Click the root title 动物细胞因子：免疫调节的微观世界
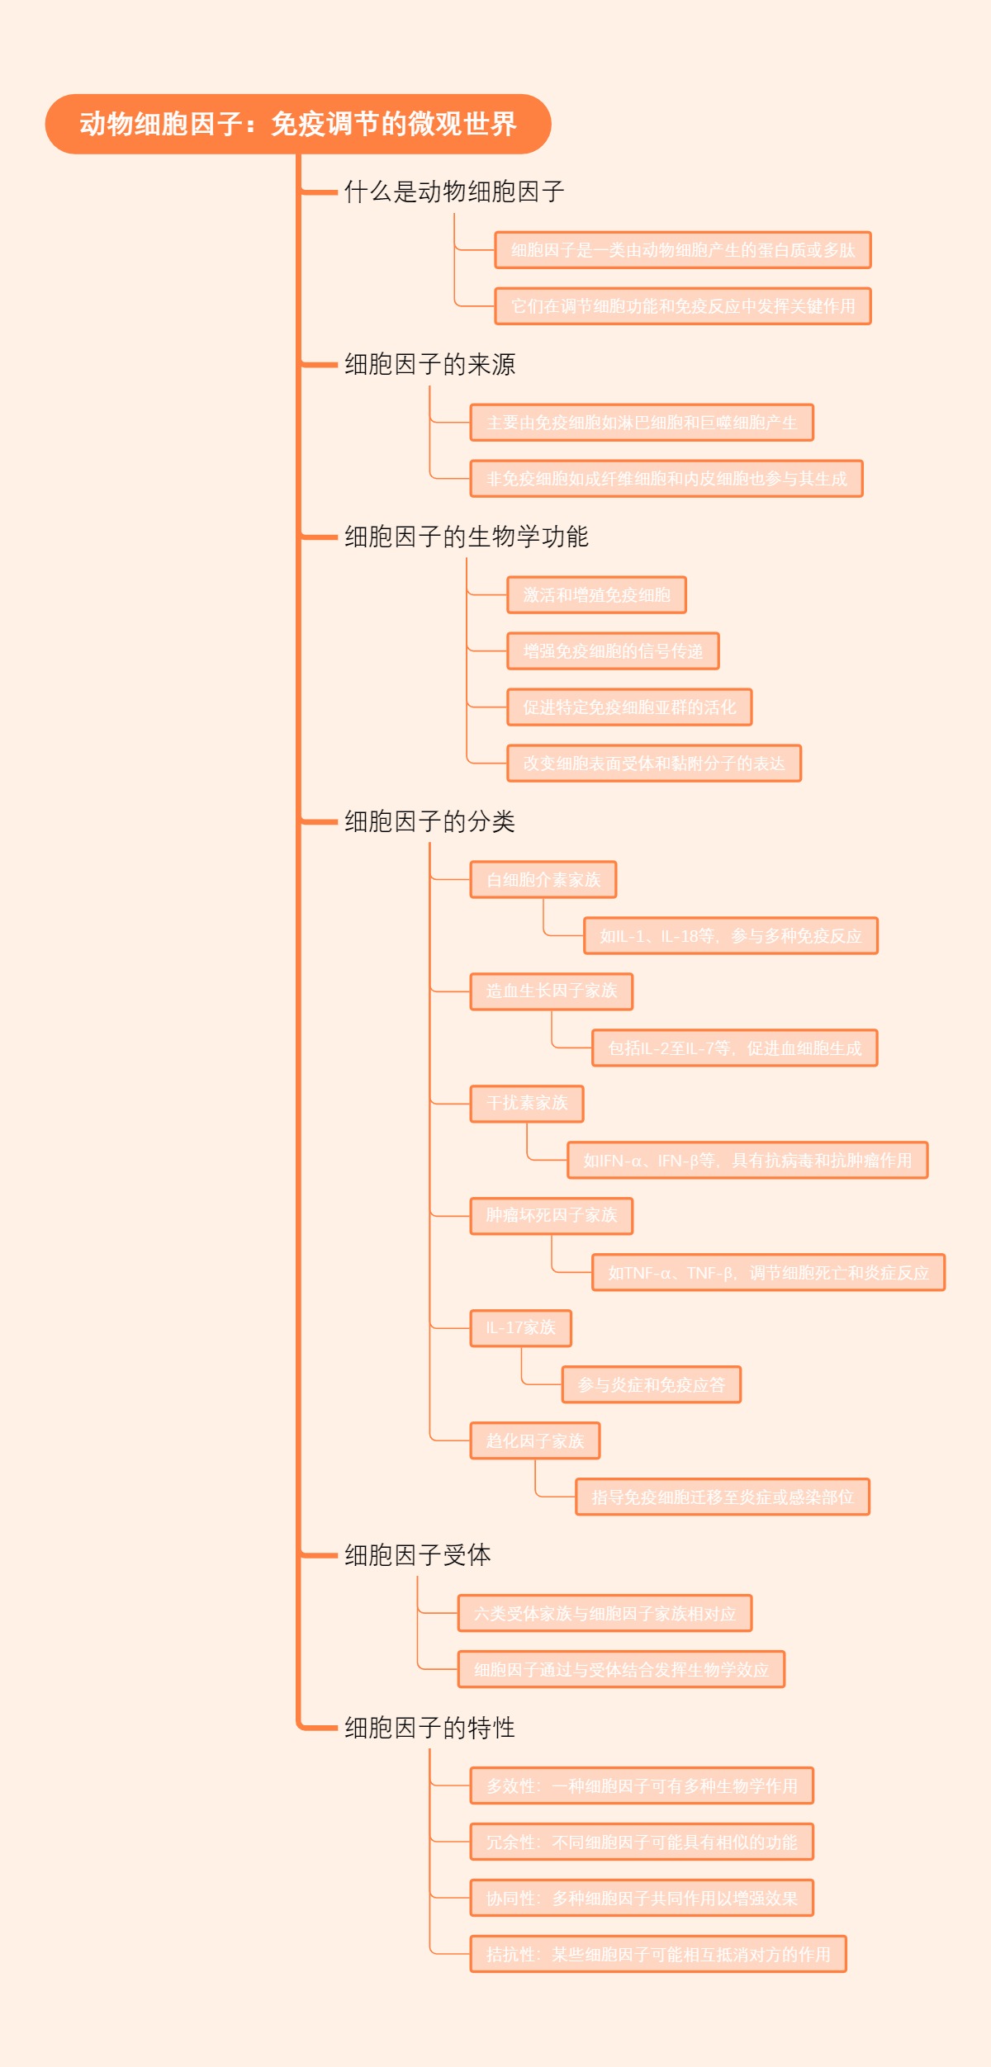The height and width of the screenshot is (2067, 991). tap(298, 124)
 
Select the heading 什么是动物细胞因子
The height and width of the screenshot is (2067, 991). tap(454, 192)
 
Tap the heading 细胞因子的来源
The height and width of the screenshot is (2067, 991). tap(429, 364)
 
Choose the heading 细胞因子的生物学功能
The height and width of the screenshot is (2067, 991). tap(466, 537)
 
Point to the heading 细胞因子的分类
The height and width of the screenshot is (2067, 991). tap(429, 821)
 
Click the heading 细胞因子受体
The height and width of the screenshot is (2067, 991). tap(417, 1555)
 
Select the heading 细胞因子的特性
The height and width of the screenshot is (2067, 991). tap(429, 1728)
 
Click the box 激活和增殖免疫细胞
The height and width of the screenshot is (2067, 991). tap(596, 595)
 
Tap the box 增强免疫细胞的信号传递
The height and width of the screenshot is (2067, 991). tap(613, 651)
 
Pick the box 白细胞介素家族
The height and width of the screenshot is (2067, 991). tap(543, 880)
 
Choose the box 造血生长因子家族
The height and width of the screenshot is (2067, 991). tap(552, 991)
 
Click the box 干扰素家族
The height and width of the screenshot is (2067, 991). tap(527, 1104)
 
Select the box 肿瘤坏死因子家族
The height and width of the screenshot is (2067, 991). tap(552, 1216)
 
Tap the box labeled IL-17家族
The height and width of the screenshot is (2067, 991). tap(520, 1328)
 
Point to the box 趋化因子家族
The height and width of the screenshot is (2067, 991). tap(535, 1440)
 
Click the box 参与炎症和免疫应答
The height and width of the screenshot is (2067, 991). tap(651, 1384)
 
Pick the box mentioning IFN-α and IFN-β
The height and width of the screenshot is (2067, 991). tap(747, 1160)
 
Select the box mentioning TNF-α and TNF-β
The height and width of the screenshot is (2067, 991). tap(768, 1272)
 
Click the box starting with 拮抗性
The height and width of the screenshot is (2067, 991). tap(658, 1954)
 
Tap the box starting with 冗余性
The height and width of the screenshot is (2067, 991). tap(642, 1842)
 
